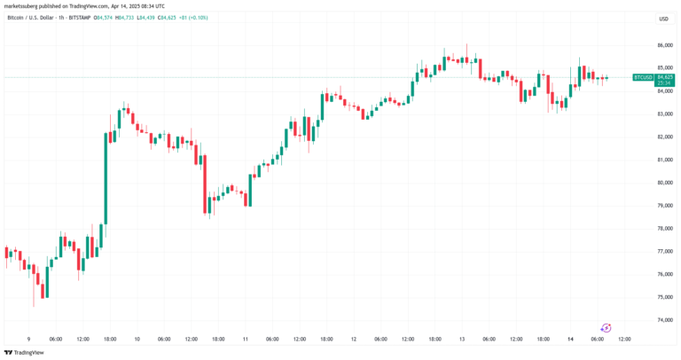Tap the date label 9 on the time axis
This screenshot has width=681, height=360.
click(x=29, y=339)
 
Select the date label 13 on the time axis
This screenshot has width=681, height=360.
click(x=462, y=339)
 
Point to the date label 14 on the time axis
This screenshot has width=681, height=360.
click(x=570, y=339)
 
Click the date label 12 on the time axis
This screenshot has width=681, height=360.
click(x=354, y=339)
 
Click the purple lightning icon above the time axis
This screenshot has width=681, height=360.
click(x=607, y=327)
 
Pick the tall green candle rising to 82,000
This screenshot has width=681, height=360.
click(x=106, y=177)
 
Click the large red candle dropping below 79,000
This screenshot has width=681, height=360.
click(x=206, y=182)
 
